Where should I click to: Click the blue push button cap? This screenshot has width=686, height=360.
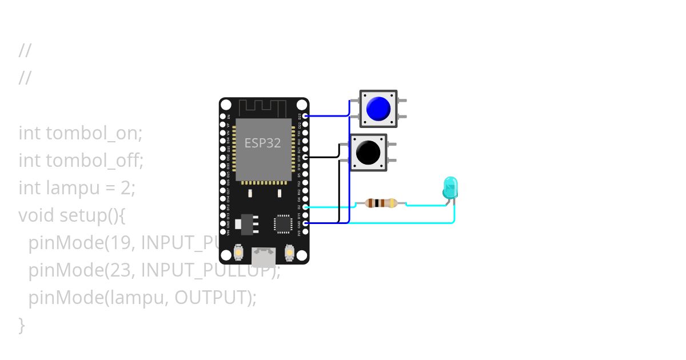378,108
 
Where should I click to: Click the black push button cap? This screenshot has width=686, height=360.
368,152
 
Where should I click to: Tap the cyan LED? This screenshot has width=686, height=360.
450,187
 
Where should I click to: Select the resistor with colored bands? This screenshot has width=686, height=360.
381,203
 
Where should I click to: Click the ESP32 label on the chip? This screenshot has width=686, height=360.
263,143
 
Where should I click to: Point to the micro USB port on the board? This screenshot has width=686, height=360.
264,257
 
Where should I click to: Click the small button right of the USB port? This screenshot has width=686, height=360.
289,252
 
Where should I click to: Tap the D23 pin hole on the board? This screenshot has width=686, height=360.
306,115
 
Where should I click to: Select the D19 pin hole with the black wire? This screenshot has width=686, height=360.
306,156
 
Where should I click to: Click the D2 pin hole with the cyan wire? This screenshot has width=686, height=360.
306,207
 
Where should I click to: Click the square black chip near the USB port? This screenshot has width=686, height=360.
283,223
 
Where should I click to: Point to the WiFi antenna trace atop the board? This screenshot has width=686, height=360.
262,107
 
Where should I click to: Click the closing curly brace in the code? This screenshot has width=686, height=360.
22,325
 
